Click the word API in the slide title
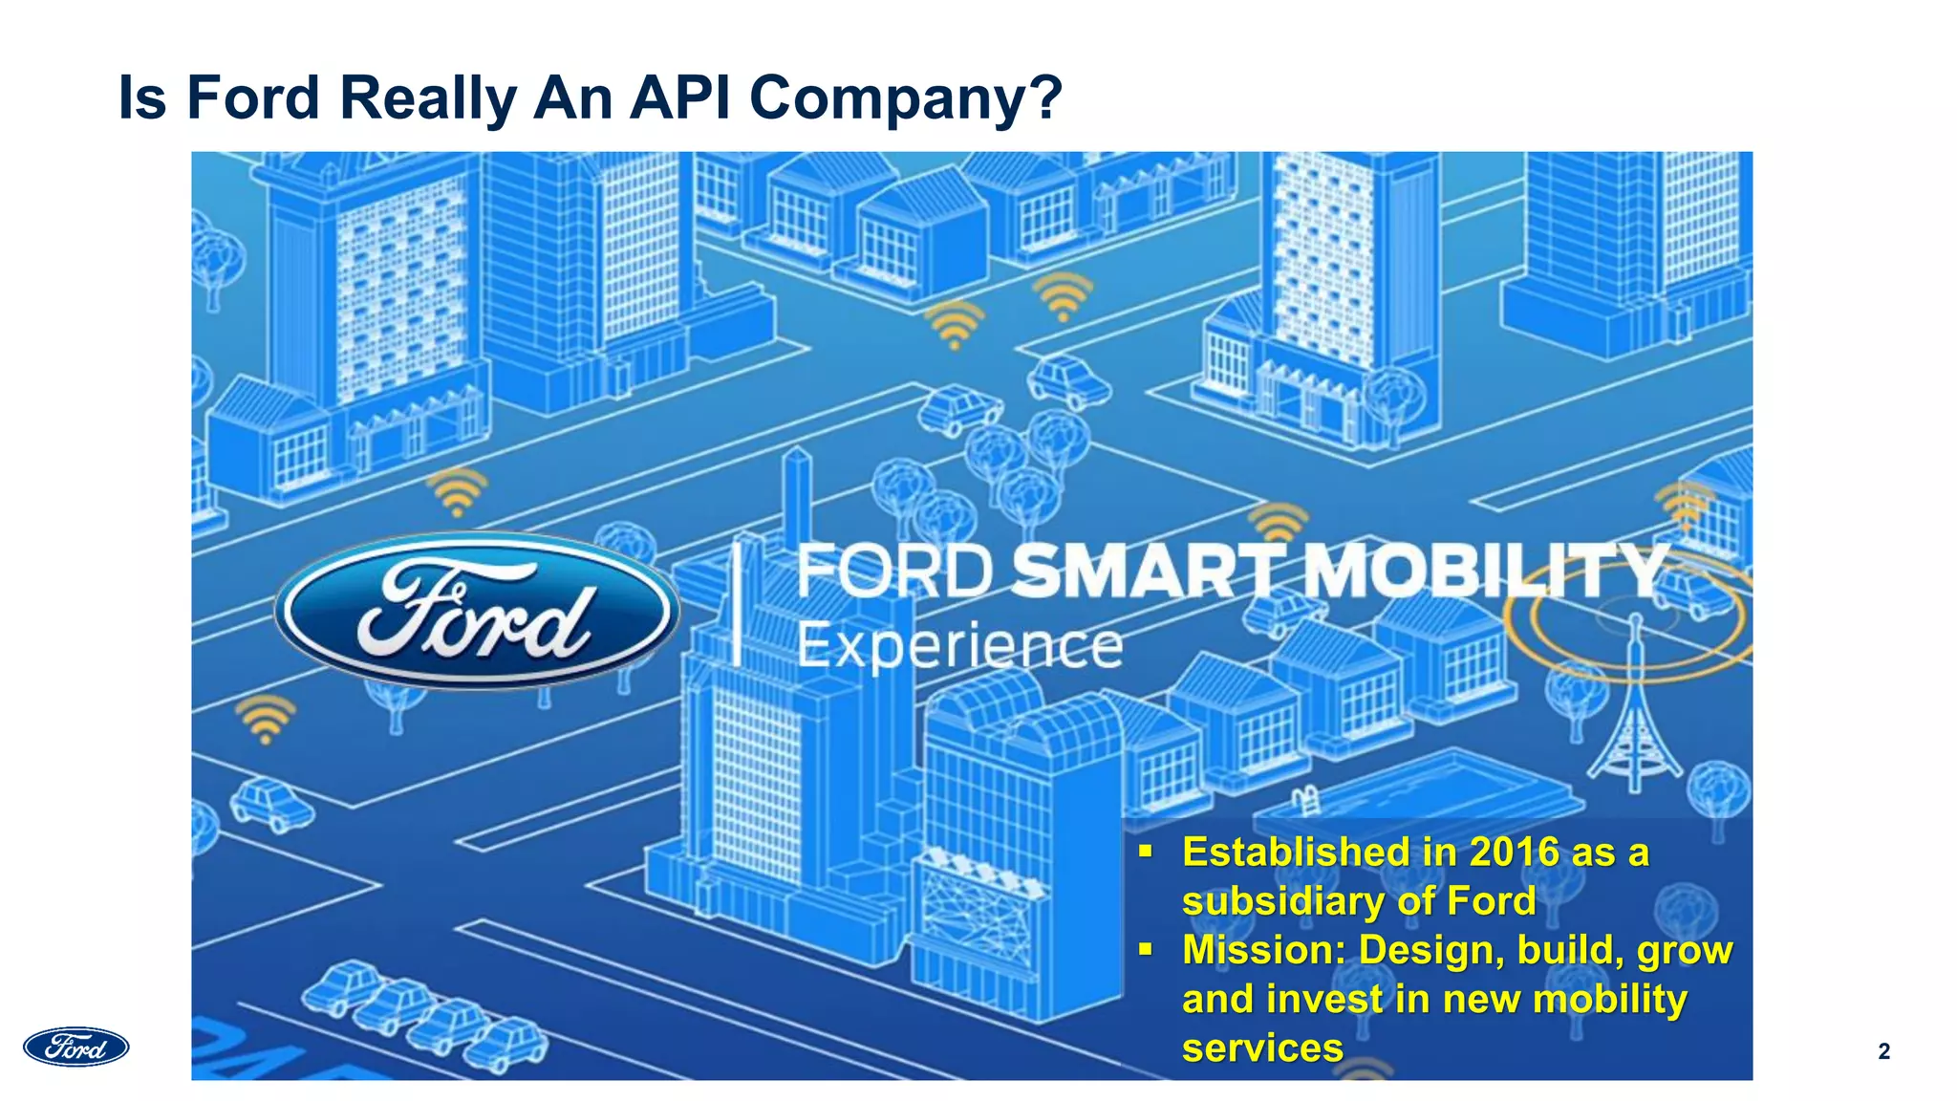point(681,97)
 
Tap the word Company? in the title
point(905,97)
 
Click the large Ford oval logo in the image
point(477,612)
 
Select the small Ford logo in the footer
point(76,1047)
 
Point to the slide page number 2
point(1883,1051)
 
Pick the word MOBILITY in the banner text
point(1486,571)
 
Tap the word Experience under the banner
point(959,646)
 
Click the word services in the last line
point(1262,1047)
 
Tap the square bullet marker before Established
point(1146,851)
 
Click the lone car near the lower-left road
point(271,804)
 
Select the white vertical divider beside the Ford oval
point(737,602)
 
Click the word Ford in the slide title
point(252,97)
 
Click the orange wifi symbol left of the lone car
point(265,719)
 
